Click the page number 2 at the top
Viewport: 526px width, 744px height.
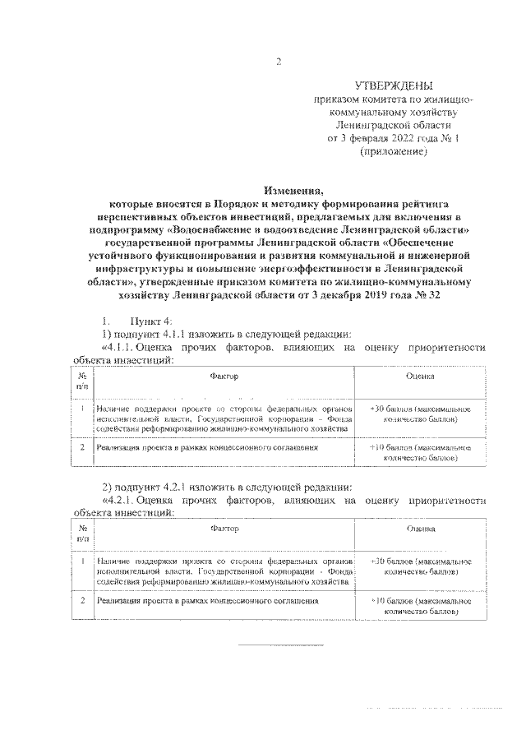coord(279,62)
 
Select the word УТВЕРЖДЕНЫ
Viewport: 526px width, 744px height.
coord(393,85)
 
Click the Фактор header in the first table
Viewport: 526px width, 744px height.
coord(223,376)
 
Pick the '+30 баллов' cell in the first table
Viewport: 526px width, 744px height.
coord(420,414)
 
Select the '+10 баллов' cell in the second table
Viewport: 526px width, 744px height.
coord(420,606)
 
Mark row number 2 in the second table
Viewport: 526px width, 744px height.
coord(83,601)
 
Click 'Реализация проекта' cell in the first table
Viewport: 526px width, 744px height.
coord(206,448)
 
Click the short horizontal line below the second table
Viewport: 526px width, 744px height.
coord(270,645)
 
